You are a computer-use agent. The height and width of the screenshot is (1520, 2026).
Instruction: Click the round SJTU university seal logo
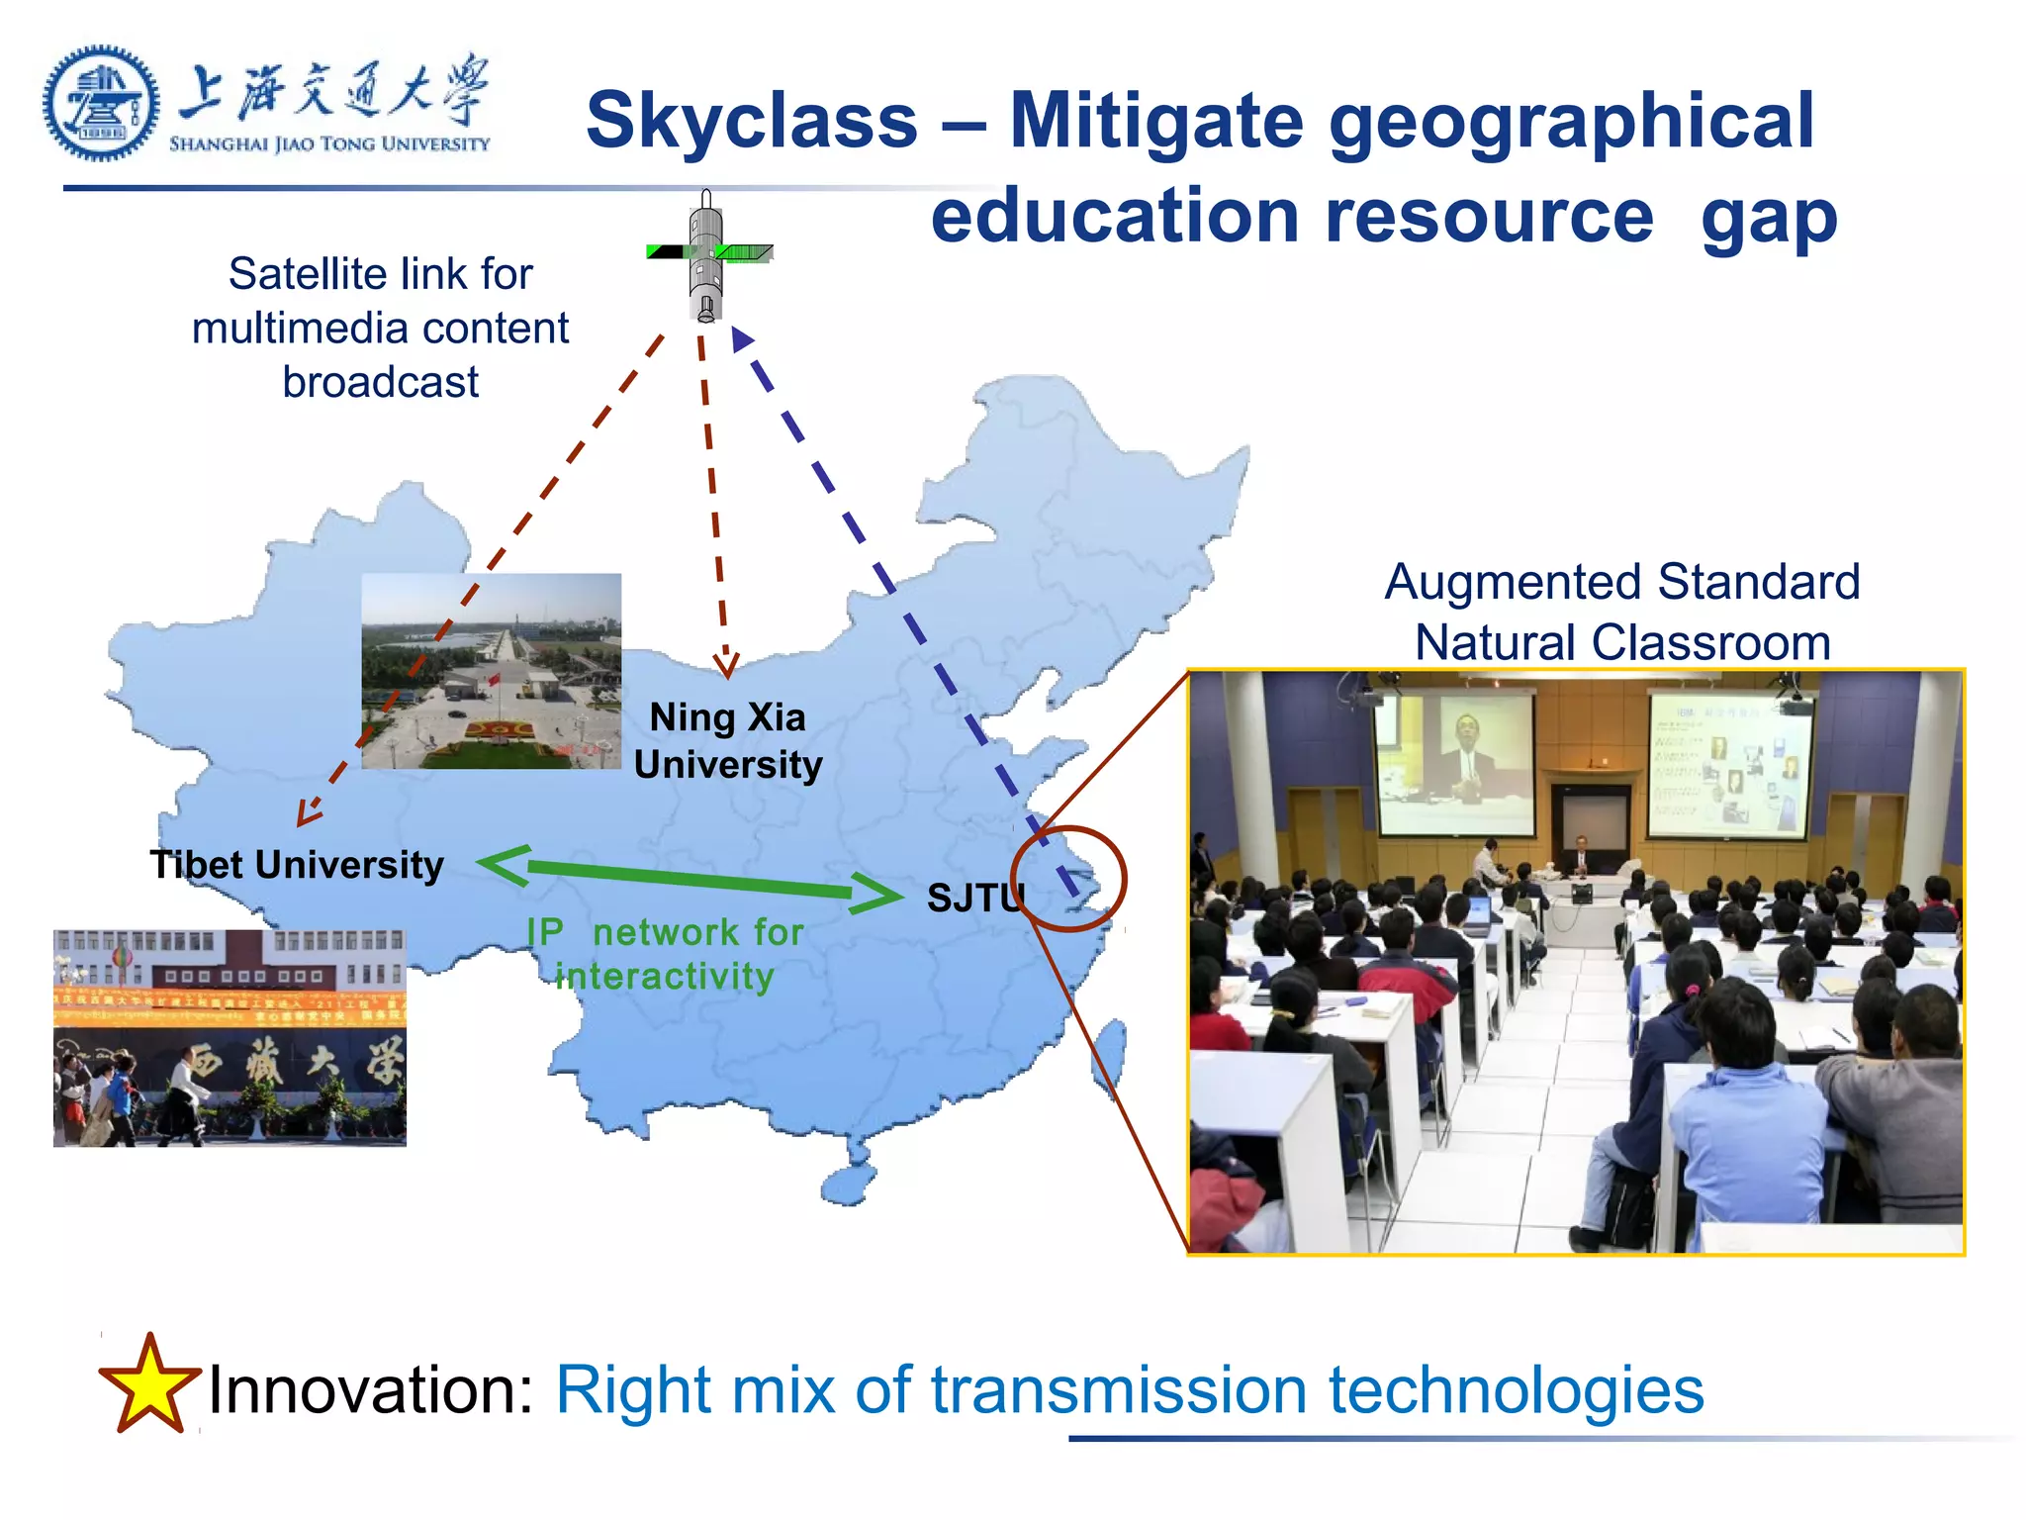pos(101,103)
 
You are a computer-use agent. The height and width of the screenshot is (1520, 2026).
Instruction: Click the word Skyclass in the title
pos(752,121)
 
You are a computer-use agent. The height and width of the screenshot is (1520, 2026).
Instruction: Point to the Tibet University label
pos(297,865)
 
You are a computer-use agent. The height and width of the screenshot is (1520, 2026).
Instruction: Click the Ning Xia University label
pos(728,741)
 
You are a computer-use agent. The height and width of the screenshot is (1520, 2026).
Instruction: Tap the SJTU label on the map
pos(974,899)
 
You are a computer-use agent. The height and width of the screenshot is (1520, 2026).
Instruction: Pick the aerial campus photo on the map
pos(492,671)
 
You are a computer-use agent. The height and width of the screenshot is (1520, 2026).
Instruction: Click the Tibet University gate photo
pos(230,1038)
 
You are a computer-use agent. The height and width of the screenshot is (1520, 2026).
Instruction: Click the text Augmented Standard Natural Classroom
pos(1622,612)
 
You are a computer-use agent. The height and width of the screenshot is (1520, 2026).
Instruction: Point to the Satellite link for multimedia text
pos(381,328)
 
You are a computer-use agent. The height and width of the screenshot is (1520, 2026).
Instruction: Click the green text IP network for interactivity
pos(665,954)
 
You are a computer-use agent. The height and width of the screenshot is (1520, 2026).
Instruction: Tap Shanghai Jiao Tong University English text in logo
pos(329,144)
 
